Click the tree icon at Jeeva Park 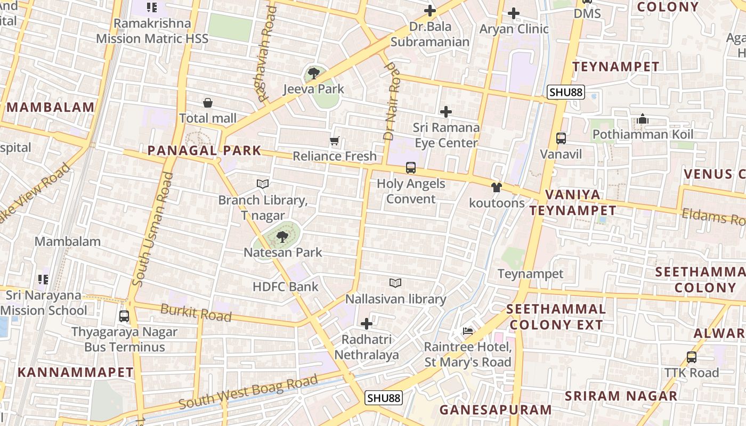click(314, 73)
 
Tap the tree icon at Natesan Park click(282, 237)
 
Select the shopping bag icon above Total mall click(208, 103)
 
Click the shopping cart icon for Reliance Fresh click(334, 141)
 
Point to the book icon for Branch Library click(262, 184)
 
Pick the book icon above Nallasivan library click(395, 283)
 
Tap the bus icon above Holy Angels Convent click(410, 168)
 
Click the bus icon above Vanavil click(561, 138)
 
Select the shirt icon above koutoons click(497, 187)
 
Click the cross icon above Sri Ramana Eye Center click(446, 112)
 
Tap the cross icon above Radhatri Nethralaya click(367, 323)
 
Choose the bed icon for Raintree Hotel click(468, 331)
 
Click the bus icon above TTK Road click(692, 357)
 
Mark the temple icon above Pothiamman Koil click(643, 119)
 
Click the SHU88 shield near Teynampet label click(566, 92)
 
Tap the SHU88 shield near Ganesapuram click(384, 398)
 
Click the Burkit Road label click(196, 313)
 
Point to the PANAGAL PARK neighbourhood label click(205, 151)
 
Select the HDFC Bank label click(286, 287)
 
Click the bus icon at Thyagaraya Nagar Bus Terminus click(124, 316)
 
